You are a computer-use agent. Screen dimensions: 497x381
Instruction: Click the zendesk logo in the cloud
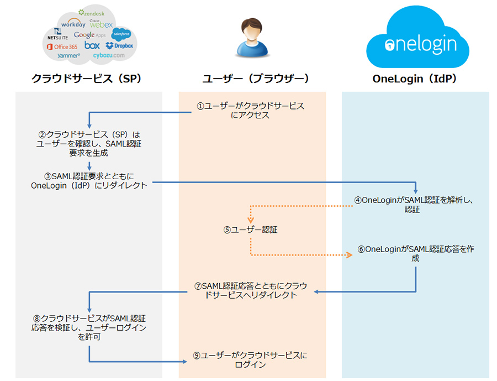click(91, 13)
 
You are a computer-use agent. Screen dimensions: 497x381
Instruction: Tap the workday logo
click(73, 24)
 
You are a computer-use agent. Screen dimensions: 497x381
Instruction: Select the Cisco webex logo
click(101, 24)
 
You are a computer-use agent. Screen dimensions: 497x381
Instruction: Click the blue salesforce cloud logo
click(121, 34)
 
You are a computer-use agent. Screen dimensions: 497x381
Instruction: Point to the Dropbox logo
click(119, 46)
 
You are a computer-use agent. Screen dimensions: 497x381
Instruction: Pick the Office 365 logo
click(62, 46)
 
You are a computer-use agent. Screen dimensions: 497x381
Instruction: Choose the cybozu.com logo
click(109, 55)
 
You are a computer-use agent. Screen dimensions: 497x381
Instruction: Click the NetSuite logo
click(57, 34)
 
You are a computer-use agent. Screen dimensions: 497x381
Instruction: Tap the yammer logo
click(68, 55)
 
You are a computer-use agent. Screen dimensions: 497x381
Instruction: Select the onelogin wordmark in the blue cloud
click(421, 44)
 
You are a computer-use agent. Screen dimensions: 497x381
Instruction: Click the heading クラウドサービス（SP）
click(87, 79)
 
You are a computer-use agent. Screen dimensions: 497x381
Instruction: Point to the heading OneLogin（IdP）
click(415, 79)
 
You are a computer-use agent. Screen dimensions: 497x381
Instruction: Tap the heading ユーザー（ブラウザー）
click(256, 79)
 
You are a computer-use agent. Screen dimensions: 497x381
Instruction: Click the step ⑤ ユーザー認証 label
click(250, 229)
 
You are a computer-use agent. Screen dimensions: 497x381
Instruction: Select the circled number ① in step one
click(200, 106)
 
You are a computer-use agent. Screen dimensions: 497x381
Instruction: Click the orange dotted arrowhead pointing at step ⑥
click(349, 255)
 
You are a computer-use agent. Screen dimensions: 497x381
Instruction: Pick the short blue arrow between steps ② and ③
click(89, 166)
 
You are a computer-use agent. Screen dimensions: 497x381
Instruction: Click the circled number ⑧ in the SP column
click(37, 319)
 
